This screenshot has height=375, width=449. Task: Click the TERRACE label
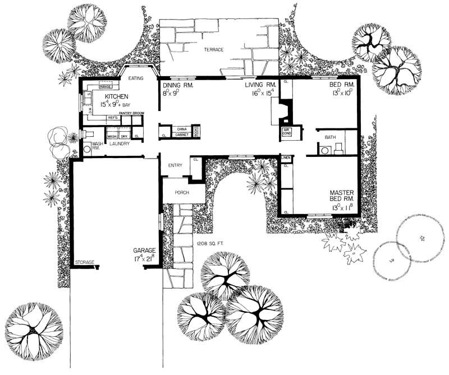click(x=213, y=50)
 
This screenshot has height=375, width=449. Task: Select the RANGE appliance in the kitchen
click(x=104, y=87)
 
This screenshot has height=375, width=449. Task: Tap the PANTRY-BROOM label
click(x=131, y=114)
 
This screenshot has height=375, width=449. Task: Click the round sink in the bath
click(x=324, y=150)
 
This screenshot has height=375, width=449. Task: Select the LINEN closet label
click(x=286, y=158)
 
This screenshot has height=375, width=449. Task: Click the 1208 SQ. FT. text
click(x=211, y=243)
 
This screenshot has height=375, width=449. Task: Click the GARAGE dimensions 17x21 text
click(x=144, y=259)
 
